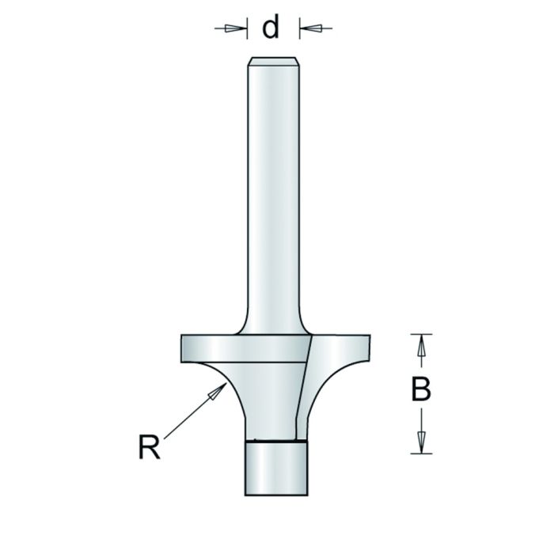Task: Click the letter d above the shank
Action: pyautogui.click(x=271, y=28)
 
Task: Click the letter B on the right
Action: pyautogui.click(x=421, y=389)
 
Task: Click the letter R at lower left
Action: pyautogui.click(x=149, y=448)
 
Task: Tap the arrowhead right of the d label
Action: pyautogui.click(x=310, y=28)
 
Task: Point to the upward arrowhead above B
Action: pyautogui.click(x=421, y=345)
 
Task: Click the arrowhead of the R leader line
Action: pyautogui.click(x=219, y=389)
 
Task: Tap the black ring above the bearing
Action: pyautogui.click(x=272, y=439)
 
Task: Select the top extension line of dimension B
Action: pyautogui.click(x=423, y=333)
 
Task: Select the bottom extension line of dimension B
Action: pyautogui.click(x=423, y=453)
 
